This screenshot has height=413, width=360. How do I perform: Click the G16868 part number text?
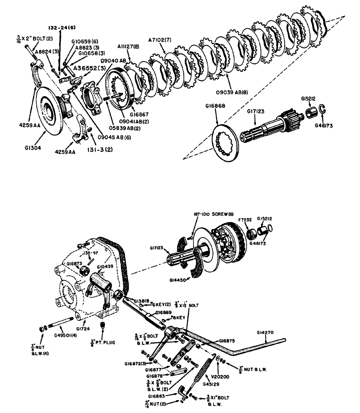point(215,106)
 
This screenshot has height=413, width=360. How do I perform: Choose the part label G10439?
point(105,267)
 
